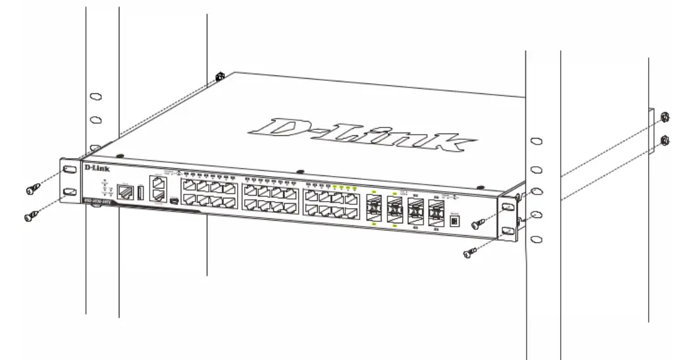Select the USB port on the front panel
(140, 193)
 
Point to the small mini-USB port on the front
(173, 199)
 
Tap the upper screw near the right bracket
(477, 224)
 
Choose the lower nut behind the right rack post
(664, 140)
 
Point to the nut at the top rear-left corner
(219, 76)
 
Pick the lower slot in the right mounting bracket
(507, 231)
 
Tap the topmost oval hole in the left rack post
(96, 97)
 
